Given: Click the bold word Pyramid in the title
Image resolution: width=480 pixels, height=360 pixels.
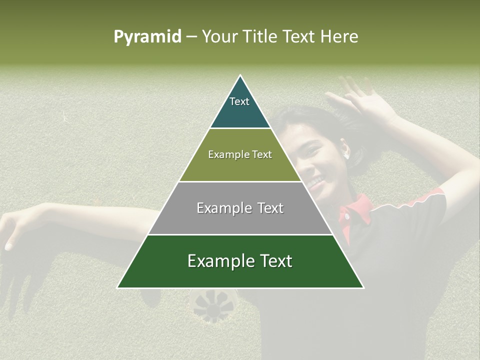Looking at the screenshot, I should click(x=147, y=37).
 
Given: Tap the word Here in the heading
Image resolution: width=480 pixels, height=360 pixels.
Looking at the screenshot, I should click(x=339, y=37).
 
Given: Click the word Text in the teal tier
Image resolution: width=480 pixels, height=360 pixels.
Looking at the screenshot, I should click(x=239, y=101).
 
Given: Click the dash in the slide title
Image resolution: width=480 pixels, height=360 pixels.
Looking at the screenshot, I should click(x=191, y=37).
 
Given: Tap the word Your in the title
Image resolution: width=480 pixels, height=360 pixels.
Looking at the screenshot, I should click(x=219, y=37).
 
